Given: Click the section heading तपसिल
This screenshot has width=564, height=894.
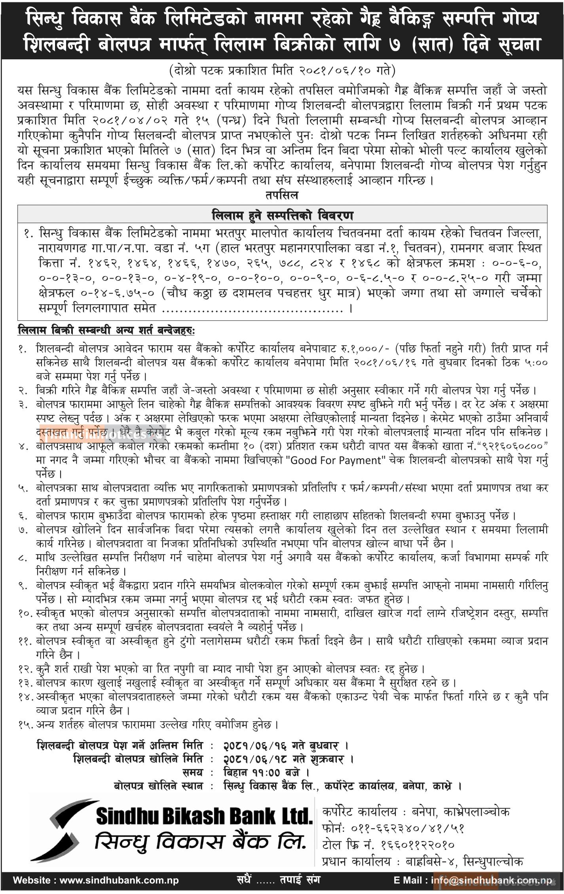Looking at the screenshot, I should click(x=282, y=195).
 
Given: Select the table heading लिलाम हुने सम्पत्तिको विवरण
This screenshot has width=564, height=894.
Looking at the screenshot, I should click(x=282, y=216).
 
